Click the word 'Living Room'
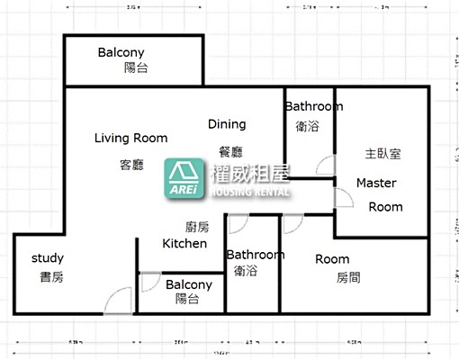coord(131,138)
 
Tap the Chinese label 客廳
coord(131,164)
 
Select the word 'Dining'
coord(227,123)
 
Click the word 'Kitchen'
coord(184,243)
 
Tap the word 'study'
coord(48,258)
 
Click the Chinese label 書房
coord(51,277)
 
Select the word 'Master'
coord(376,183)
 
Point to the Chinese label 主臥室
coord(382,153)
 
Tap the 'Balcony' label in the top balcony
coord(121,52)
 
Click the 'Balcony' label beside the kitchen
coord(189,284)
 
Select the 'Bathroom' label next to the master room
coord(313,106)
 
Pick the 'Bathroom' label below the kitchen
coord(255,255)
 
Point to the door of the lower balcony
coord(149,280)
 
